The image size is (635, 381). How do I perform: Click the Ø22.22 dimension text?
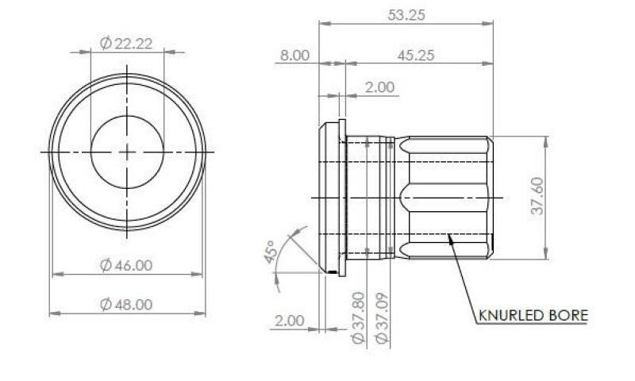(x=127, y=44)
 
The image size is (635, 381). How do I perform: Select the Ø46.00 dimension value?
(x=127, y=266)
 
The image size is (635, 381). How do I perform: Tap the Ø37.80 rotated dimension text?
(x=358, y=317)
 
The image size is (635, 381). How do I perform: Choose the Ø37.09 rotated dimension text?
(x=382, y=317)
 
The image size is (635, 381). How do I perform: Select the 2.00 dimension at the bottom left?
(x=289, y=321)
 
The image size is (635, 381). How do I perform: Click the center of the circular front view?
(x=128, y=151)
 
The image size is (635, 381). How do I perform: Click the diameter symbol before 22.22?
(x=106, y=44)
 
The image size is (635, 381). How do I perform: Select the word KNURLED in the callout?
(x=510, y=316)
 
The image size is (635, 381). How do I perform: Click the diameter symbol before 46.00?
(x=106, y=266)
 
